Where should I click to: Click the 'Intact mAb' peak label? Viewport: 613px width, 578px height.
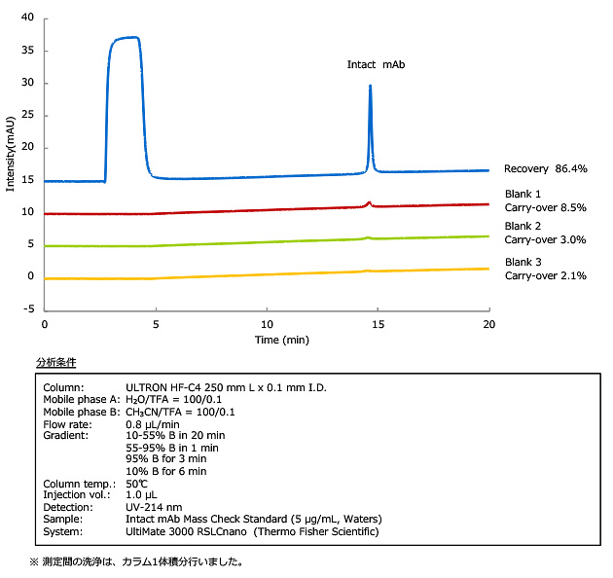(x=376, y=64)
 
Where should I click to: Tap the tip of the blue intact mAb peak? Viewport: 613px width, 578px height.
(x=370, y=87)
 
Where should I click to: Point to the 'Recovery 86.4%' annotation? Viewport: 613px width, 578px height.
(x=545, y=168)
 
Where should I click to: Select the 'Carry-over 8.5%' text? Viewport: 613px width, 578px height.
(x=546, y=207)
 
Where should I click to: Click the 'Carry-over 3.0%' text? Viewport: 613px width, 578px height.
(x=546, y=239)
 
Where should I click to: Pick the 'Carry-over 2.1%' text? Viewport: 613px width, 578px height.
(x=546, y=275)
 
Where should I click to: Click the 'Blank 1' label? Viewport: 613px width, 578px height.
(x=523, y=194)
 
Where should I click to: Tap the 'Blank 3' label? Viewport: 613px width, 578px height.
(x=523, y=262)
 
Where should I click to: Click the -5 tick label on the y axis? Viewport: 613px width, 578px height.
(x=28, y=308)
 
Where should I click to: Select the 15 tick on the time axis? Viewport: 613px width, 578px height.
(x=378, y=323)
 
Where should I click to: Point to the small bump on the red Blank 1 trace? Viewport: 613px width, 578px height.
(x=369, y=202)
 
